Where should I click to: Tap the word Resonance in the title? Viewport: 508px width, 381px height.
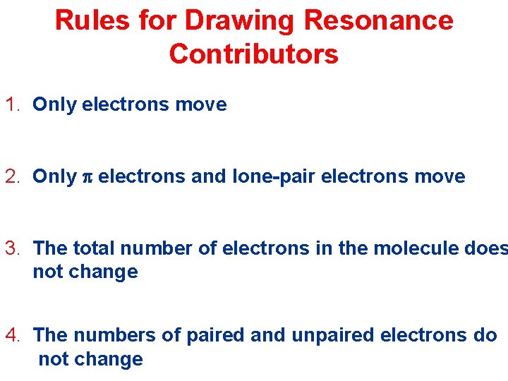[x=378, y=20]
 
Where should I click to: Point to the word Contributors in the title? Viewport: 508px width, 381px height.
[x=254, y=54]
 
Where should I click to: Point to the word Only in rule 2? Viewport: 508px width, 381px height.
[x=54, y=176]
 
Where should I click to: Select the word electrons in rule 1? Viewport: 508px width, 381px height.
[x=126, y=105]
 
